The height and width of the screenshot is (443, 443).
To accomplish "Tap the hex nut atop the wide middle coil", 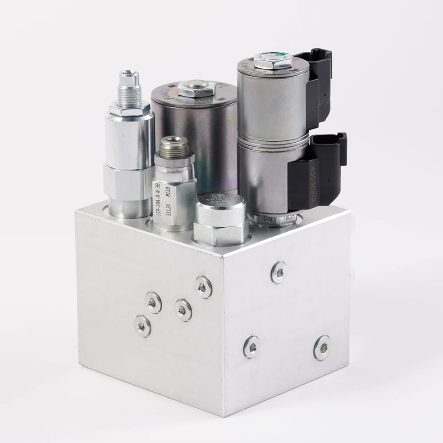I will [196, 89].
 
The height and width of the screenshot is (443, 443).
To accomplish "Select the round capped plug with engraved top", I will [221, 207].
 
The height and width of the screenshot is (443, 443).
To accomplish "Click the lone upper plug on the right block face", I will [279, 272].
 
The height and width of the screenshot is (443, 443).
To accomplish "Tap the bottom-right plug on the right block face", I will [322, 348].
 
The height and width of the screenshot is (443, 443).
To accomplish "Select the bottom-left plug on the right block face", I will [252, 346].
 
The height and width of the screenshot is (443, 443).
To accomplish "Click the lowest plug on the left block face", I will [143, 326].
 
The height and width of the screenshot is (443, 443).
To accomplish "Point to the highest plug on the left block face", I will [203, 287].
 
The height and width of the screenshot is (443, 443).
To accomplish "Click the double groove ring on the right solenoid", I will [273, 141].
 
